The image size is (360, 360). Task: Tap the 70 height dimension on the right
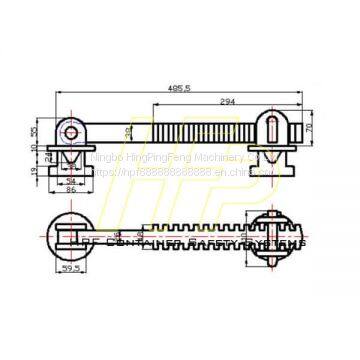[x=310, y=127]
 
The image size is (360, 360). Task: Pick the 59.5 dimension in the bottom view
[x=70, y=267]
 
